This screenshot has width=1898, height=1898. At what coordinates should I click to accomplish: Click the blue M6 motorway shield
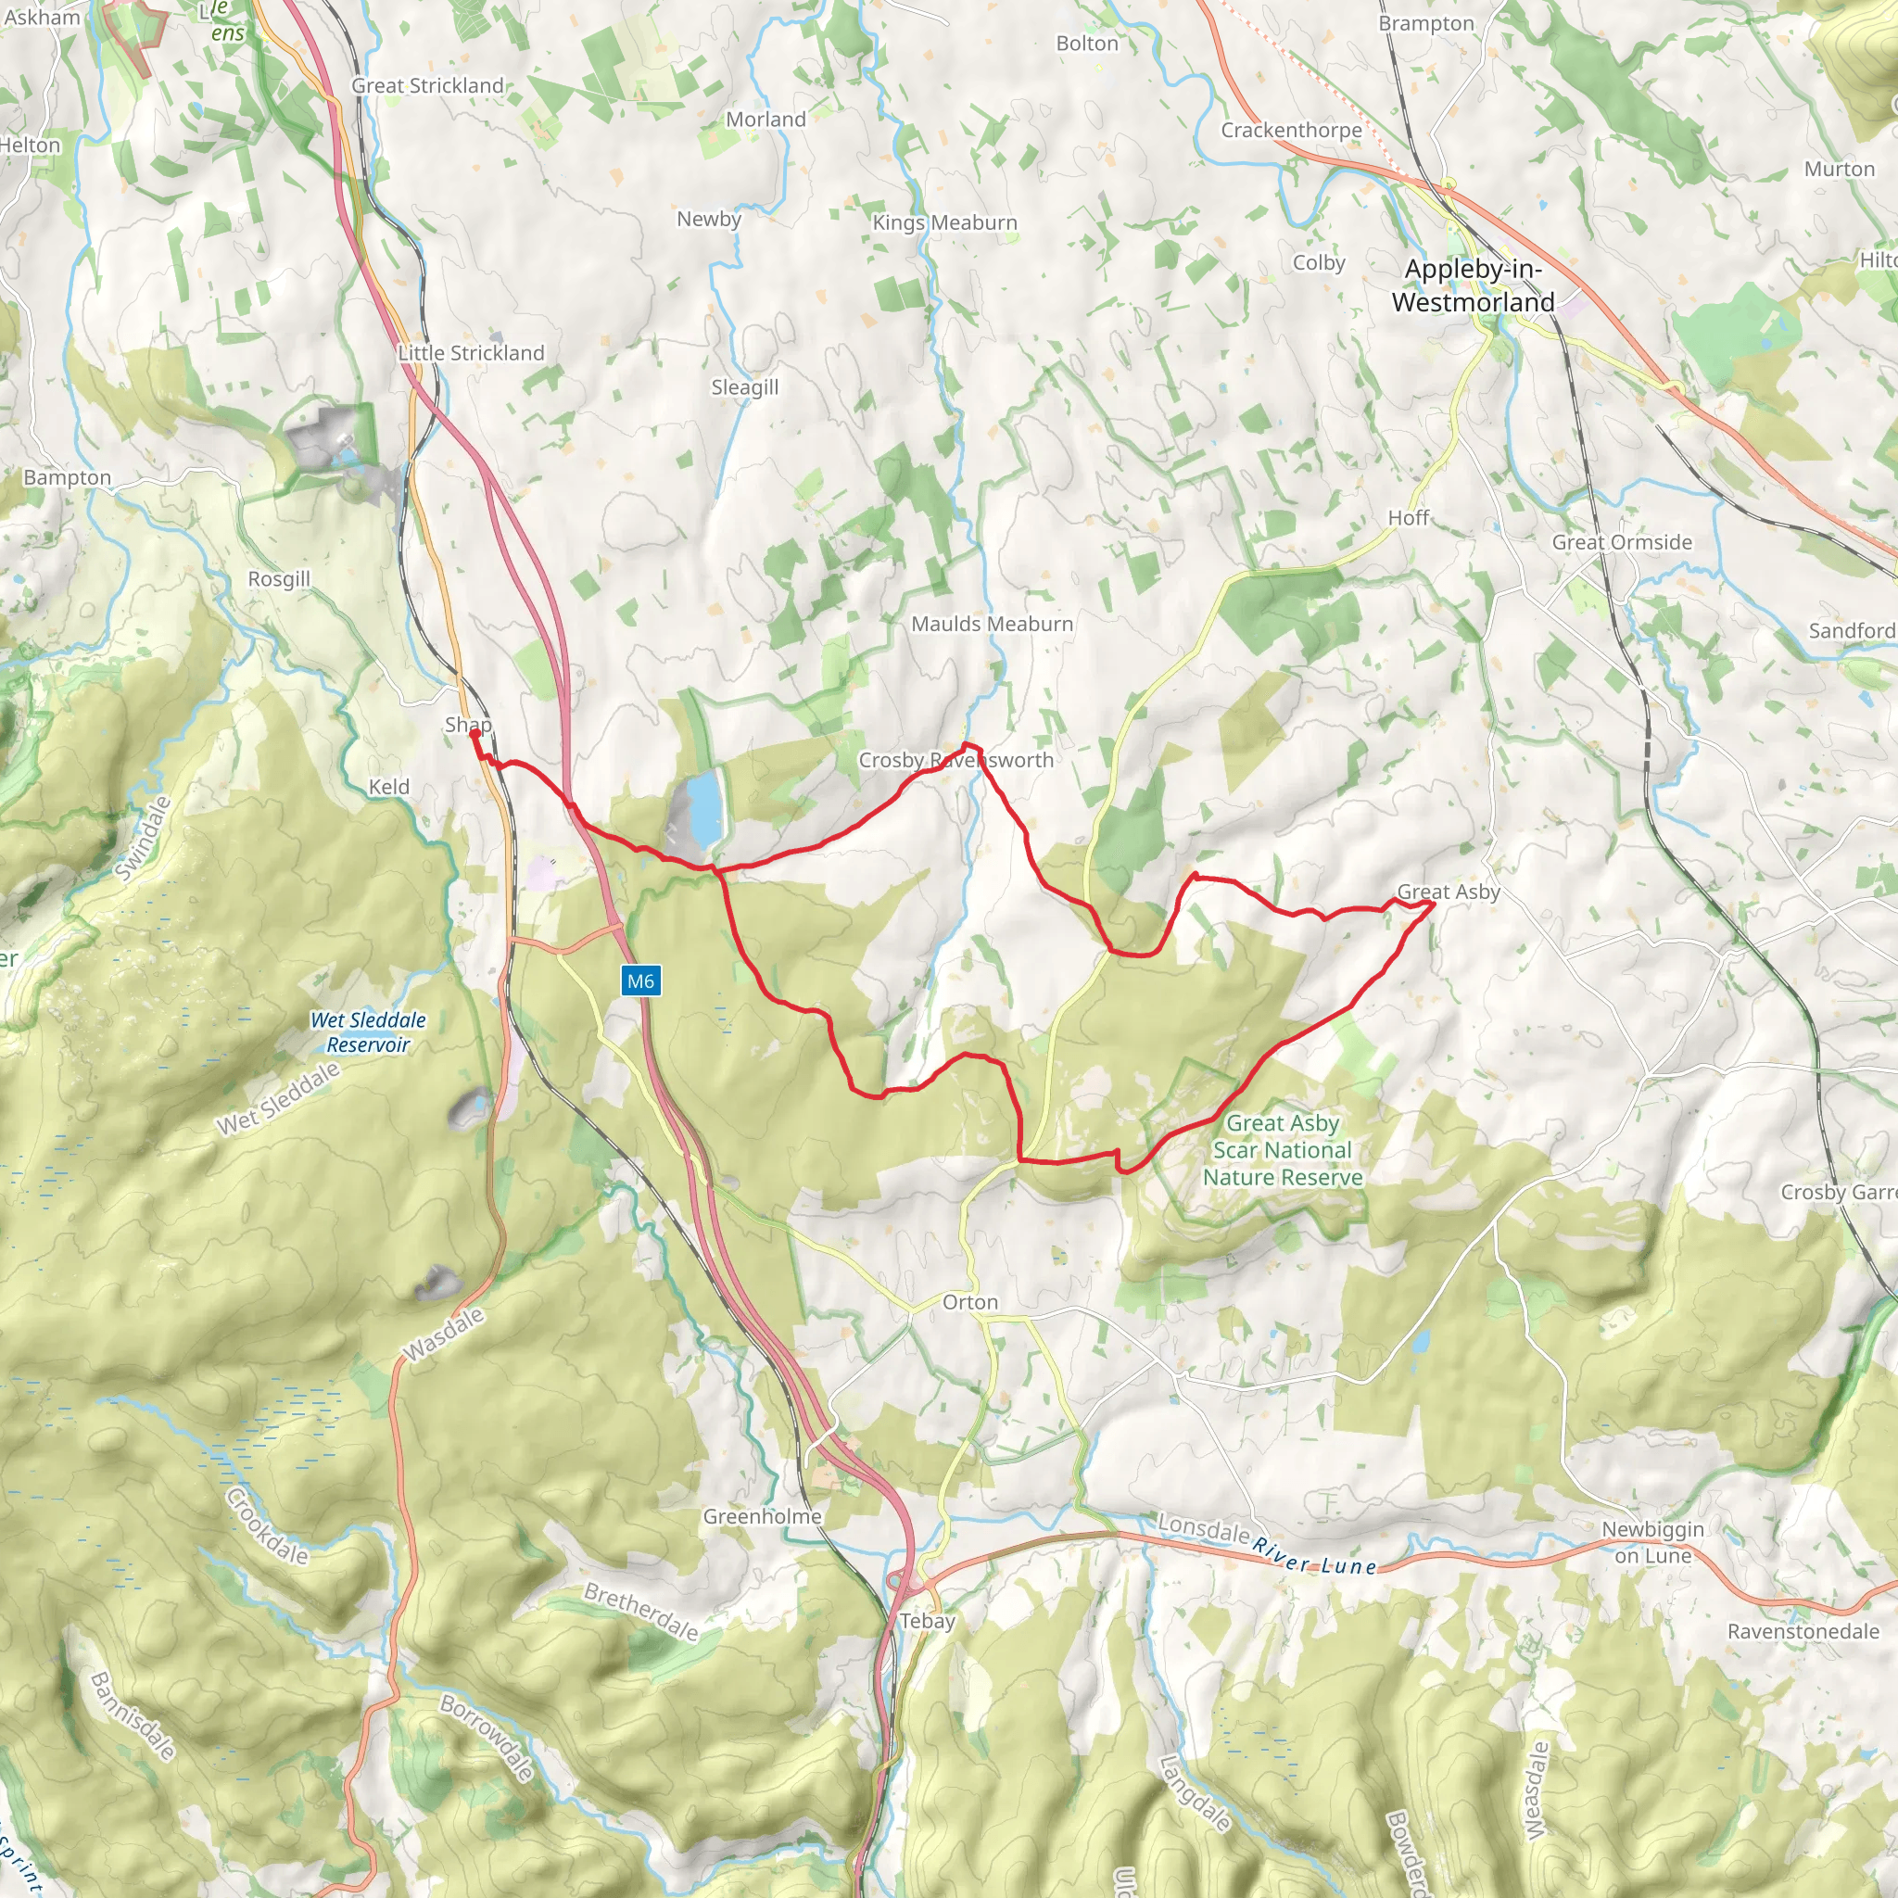click(x=639, y=981)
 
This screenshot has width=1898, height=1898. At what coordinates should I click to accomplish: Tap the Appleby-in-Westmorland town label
click(x=1473, y=285)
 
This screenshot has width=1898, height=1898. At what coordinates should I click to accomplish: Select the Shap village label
click(x=468, y=725)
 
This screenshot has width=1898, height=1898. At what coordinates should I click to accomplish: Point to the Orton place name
click(x=969, y=1302)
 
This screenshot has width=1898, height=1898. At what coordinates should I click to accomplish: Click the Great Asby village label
click(x=1449, y=892)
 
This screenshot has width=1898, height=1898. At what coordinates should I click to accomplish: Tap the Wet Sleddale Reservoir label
click(x=369, y=1032)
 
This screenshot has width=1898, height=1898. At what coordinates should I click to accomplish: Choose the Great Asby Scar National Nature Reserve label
click(x=1282, y=1149)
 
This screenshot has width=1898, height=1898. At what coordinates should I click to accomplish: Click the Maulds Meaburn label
click(x=992, y=624)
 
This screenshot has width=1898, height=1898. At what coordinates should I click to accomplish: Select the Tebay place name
click(x=927, y=1621)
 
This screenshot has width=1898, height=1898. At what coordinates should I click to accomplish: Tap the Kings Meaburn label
click(x=944, y=223)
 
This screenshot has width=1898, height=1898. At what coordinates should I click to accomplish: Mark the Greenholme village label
click(x=762, y=1517)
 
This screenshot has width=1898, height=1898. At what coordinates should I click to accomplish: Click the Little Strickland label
click(x=471, y=353)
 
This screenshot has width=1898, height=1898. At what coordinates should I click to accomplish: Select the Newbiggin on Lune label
click(x=1652, y=1542)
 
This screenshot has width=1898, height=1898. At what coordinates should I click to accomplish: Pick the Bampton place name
click(x=67, y=477)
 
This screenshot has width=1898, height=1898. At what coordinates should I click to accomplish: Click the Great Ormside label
click(x=1621, y=542)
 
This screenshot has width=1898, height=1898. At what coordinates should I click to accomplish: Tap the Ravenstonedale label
click(x=1803, y=1632)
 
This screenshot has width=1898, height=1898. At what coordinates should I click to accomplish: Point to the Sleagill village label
click(x=745, y=387)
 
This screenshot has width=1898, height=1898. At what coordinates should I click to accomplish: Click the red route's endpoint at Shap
click(x=474, y=734)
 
